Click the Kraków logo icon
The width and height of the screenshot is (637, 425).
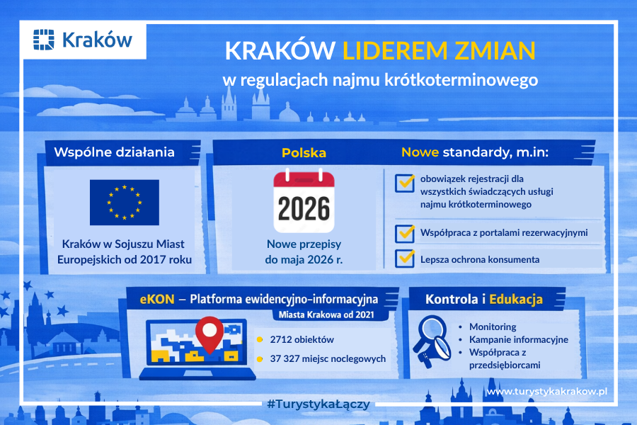coord(45,40)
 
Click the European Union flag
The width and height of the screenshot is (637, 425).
coord(124,200)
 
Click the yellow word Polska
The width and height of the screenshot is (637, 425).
coord(304,152)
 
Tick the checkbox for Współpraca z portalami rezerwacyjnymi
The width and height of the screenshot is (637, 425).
coord(405,232)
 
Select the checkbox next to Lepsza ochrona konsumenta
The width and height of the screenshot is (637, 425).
coord(405,258)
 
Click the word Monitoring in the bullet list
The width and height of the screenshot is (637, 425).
coord(493,327)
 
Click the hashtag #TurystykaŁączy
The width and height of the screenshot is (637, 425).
coord(318,404)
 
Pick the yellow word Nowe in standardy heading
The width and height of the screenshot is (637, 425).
coord(420,152)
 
